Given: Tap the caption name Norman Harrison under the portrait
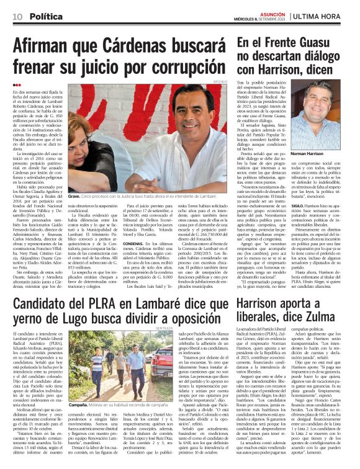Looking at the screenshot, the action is pyautogui.click(x=325, y=154).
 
